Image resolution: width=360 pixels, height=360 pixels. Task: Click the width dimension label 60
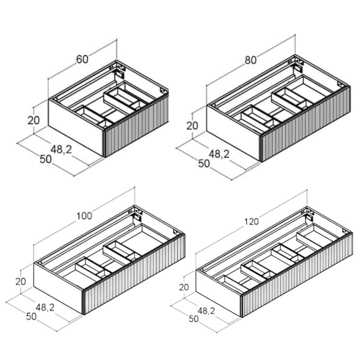(x=82, y=59)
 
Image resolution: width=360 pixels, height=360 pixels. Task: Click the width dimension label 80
(x=251, y=60)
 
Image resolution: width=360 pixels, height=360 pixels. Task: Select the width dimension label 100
(x=84, y=216)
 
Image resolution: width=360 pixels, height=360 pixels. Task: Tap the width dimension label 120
(x=252, y=221)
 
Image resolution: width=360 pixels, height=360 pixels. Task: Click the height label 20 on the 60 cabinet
(x=34, y=120)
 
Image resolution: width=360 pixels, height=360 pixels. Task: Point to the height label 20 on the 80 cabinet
(x=192, y=126)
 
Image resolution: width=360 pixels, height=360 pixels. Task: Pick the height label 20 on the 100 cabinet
(x=21, y=282)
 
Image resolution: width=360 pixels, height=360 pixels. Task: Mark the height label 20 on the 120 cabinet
(x=184, y=287)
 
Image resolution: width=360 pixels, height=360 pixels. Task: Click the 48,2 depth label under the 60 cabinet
(x=61, y=150)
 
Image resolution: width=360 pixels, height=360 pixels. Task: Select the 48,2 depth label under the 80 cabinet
(x=219, y=154)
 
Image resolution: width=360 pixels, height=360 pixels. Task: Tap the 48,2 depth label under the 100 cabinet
(x=45, y=307)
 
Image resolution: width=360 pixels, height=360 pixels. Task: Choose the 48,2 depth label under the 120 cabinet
(x=206, y=311)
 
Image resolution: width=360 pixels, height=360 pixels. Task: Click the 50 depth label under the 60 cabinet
(x=46, y=159)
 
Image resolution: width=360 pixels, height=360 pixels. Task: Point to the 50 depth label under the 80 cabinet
(x=204, y=163)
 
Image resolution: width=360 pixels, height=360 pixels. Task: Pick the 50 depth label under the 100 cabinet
(x=31, y=317)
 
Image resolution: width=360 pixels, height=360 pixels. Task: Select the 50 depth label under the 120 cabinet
(x=193, y=319)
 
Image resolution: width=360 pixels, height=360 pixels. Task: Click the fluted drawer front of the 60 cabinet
(x=137, y=126)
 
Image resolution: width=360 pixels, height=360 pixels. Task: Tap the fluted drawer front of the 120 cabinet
(x=297, y=275)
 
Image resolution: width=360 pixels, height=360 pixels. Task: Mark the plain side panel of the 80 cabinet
(x=234, y=133)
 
